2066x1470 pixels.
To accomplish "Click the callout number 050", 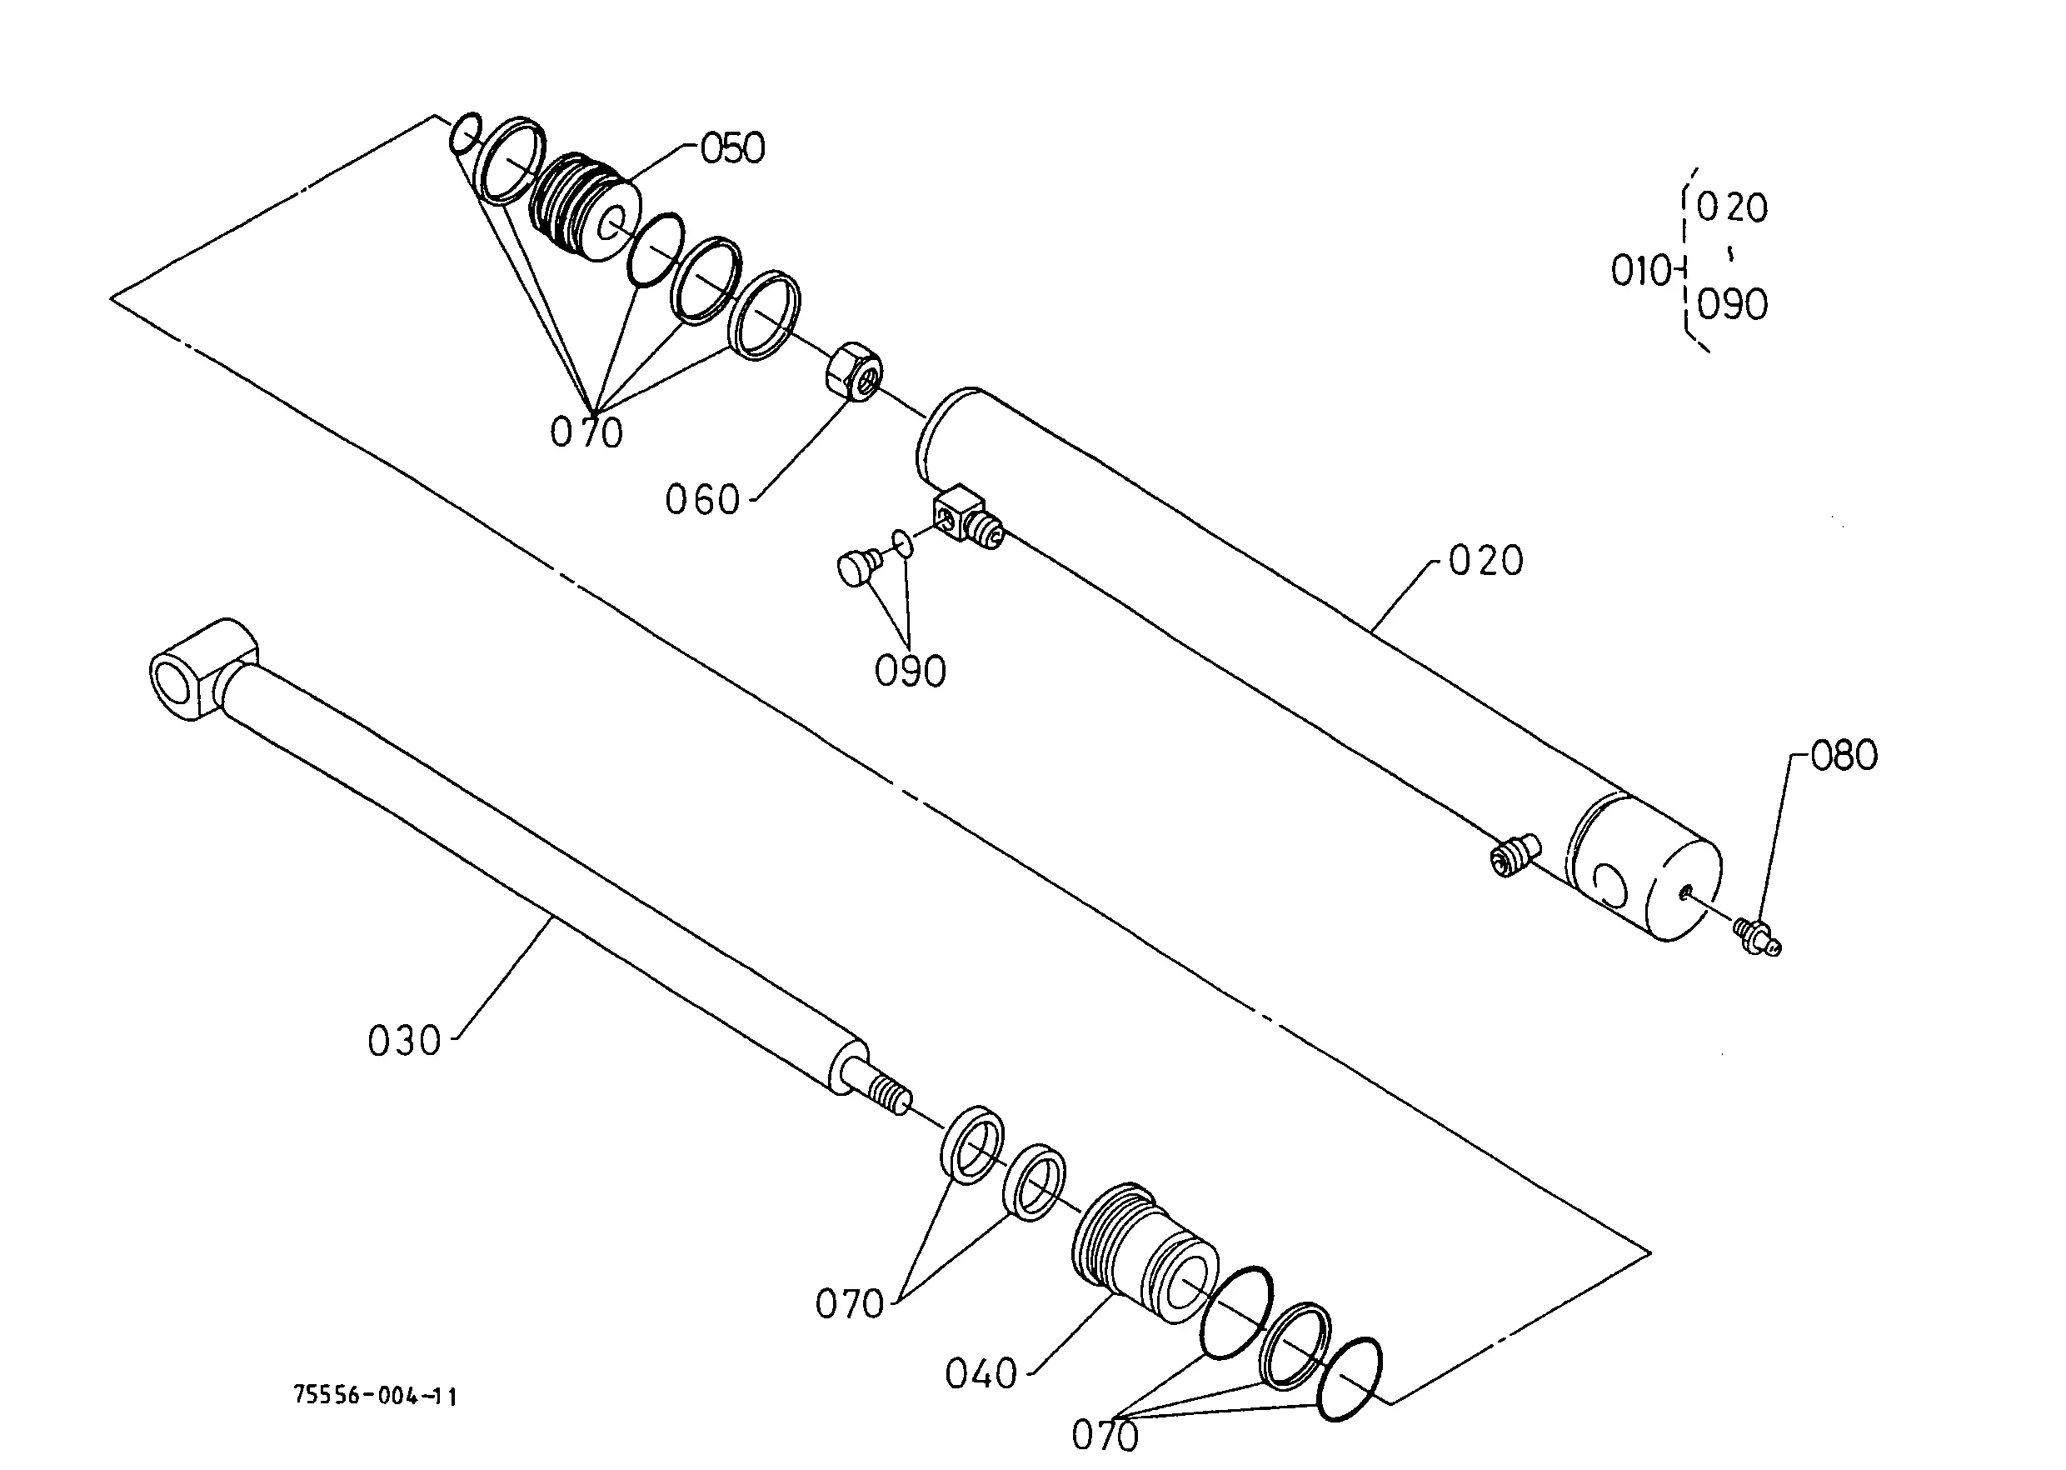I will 733,148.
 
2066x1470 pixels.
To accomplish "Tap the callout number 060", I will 702,500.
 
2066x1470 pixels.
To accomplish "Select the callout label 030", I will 403,1041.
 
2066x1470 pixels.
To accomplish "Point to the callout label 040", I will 981,1374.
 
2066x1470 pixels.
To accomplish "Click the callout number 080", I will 1844,756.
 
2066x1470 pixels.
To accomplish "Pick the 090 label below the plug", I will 910,672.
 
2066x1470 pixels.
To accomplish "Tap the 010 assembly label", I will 1639,271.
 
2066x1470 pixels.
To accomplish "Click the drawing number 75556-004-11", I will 376,1396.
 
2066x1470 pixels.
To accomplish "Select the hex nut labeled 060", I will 854,367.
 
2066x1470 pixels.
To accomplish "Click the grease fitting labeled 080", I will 1758,936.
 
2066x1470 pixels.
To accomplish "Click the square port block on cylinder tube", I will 958,514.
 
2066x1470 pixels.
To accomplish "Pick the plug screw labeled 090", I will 856,568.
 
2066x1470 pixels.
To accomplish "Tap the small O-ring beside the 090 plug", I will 901,543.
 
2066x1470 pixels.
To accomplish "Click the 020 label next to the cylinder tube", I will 1485,561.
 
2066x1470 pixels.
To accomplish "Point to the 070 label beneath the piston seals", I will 586,432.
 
